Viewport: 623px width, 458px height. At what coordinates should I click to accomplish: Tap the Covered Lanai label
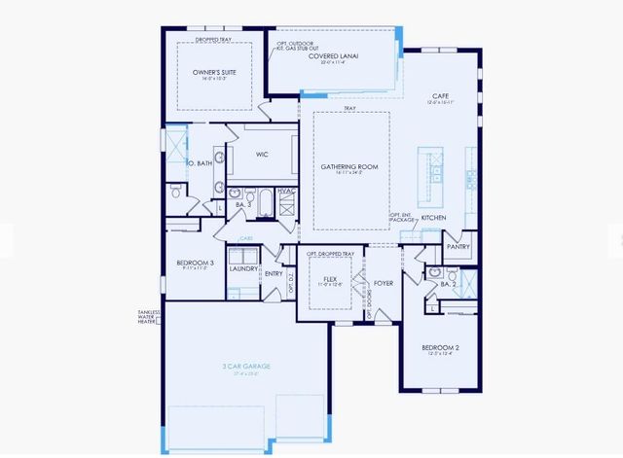[x=334, y=56]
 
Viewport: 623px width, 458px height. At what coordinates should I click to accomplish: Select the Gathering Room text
[x=349, y=166]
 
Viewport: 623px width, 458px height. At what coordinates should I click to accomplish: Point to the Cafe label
[x=439, y=98]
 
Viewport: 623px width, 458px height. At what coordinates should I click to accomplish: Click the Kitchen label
[x=433, y=218]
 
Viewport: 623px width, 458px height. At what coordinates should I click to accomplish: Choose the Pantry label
[x=458, y=246]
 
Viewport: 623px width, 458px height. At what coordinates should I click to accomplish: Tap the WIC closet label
[x=262, y=154]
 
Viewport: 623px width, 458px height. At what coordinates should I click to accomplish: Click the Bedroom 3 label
[x=195, y=263]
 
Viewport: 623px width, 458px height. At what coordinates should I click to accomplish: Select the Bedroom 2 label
[x=440, y=347]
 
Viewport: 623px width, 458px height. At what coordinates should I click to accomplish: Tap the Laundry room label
[x=243, y=268]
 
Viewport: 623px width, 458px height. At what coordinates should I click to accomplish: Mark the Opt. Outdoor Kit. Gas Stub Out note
[x=297, y=46]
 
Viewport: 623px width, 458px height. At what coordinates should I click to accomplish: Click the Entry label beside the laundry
[x=274, y=274]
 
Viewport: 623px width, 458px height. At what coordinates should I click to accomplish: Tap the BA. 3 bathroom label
[x=244, y=204]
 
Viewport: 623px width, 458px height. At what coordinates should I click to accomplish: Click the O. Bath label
[x=199, y=162]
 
